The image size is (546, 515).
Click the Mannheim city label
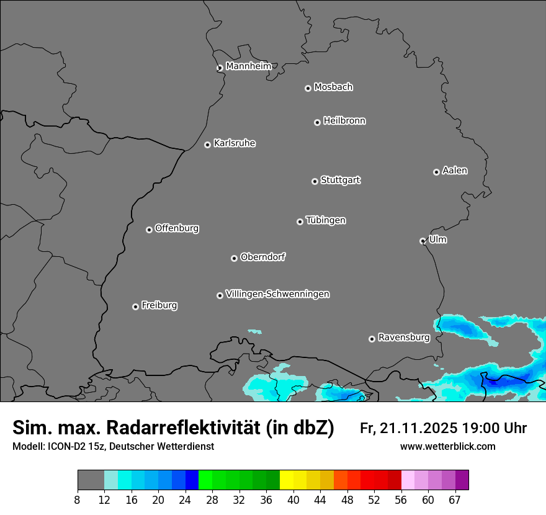248,66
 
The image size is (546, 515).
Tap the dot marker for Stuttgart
315,181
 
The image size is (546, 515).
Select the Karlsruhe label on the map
235,143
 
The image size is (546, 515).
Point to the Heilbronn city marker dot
317,122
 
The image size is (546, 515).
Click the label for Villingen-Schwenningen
277,294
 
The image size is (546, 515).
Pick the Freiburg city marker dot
135,307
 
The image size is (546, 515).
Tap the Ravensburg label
404,338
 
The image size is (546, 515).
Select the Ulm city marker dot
423,241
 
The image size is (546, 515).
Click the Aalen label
455,171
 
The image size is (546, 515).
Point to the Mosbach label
333,87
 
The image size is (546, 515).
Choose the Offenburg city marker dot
149,230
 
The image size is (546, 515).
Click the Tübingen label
326,220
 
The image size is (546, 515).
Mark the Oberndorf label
262,257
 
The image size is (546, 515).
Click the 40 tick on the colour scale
293,499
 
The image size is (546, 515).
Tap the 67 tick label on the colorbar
455,499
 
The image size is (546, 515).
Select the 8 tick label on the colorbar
78,499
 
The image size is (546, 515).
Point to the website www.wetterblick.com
447,446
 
